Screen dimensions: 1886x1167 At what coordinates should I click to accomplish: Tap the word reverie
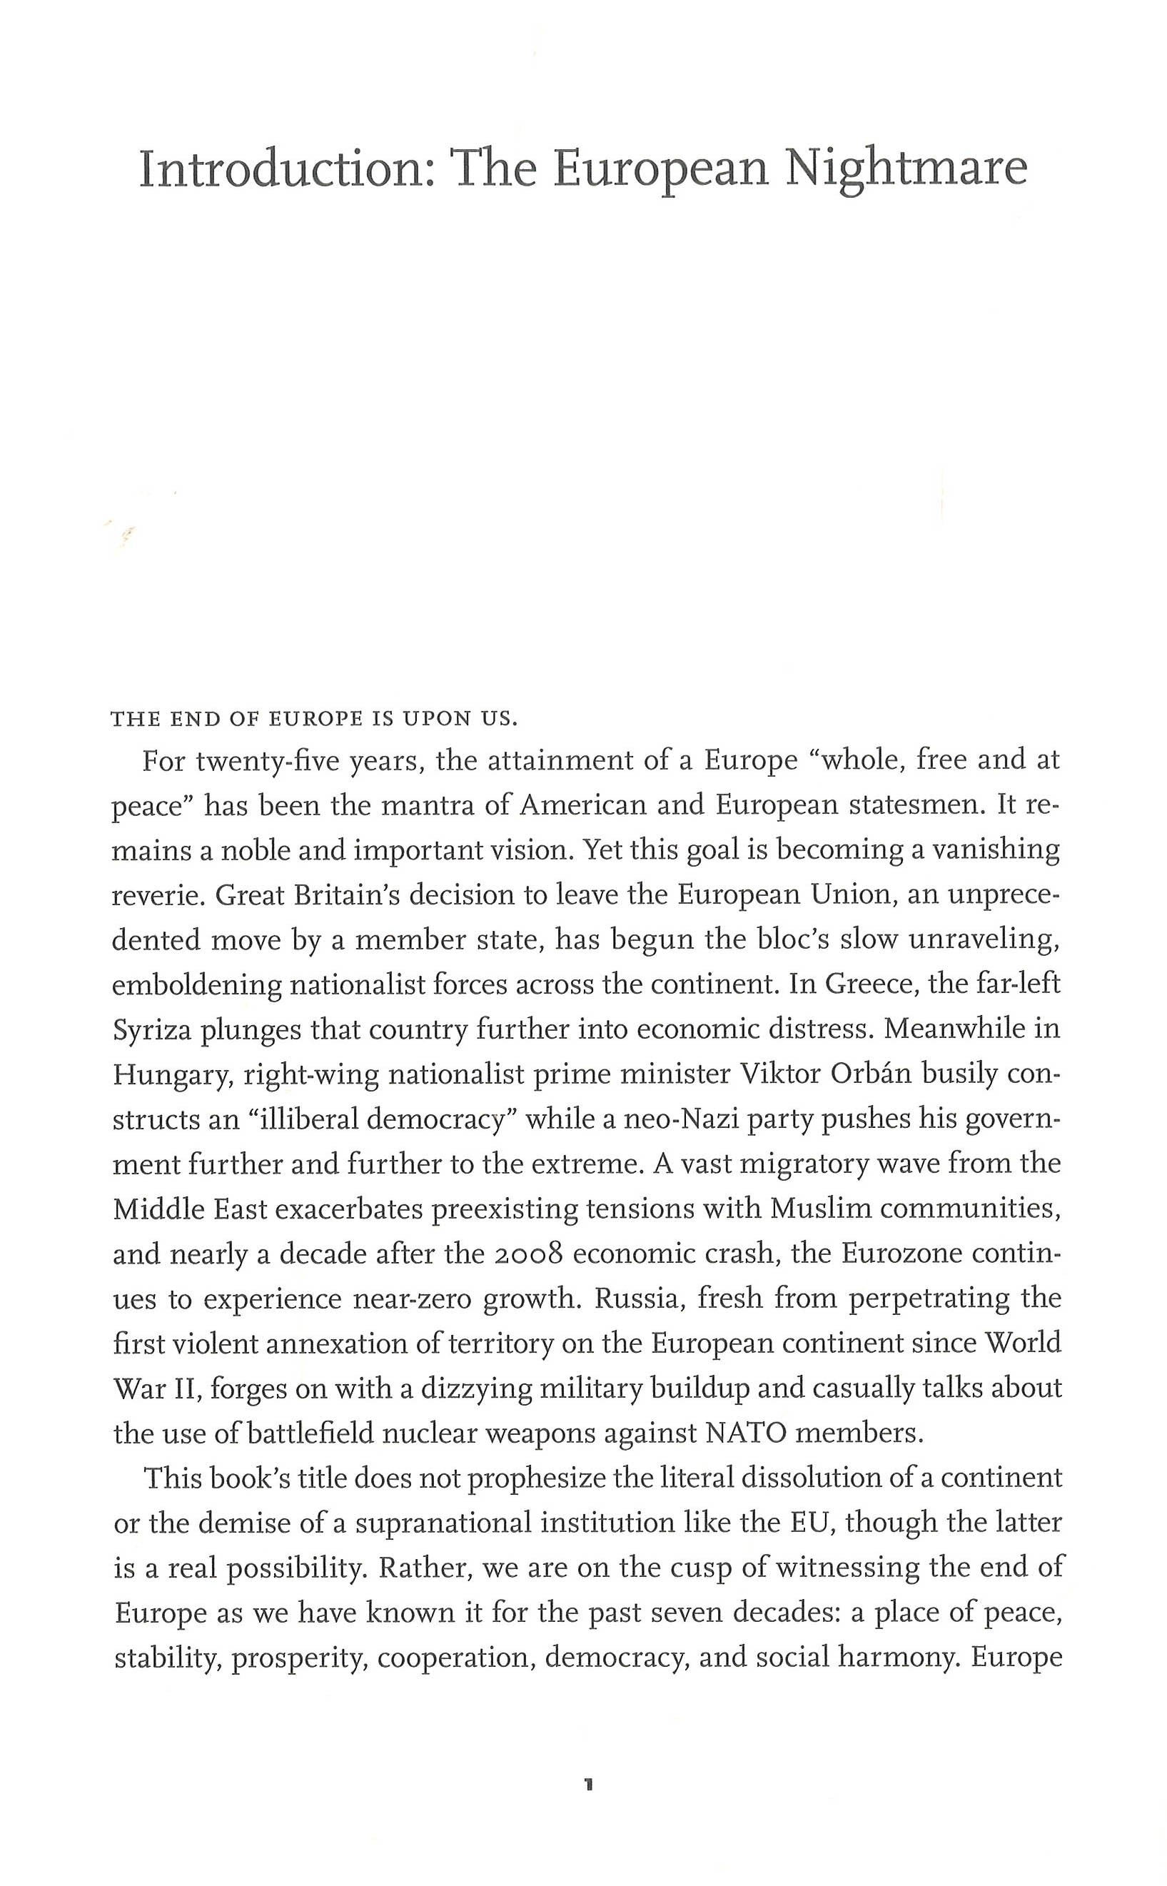[x=157, y=896]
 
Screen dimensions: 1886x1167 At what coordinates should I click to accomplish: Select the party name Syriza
[x=152, y=1031]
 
